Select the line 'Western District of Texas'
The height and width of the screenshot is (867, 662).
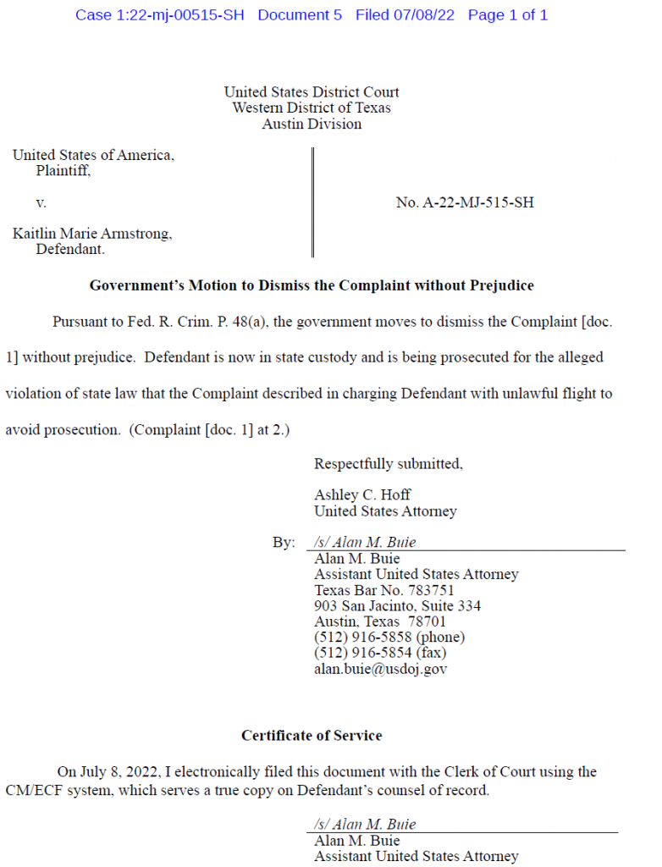pos(312,108)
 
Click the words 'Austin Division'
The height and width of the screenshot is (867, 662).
pos(312,124)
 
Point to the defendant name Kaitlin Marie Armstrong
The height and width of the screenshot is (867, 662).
pos(91,234)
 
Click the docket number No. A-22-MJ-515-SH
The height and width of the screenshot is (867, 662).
pos(465,202)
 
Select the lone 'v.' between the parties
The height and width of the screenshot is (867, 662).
pos(41,202)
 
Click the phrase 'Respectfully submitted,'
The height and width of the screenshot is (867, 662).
pos(389,463)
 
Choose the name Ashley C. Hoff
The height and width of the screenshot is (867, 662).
pos(362,494)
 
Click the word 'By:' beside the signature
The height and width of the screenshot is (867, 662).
pos(284,543)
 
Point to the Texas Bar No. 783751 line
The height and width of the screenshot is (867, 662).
pos(384,590)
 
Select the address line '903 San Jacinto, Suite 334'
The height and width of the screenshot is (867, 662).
pos(398,606)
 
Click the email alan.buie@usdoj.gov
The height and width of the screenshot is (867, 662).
pos(381,669)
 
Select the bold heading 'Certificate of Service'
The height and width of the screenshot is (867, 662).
pos(312,736)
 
